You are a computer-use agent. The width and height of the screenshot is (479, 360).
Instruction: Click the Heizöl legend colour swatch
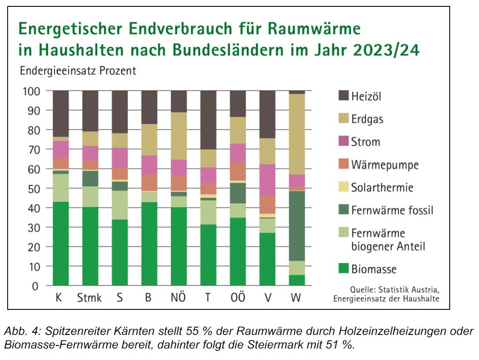(x=344, y=96)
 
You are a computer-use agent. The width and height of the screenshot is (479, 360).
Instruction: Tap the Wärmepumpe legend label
(x=385, y=164)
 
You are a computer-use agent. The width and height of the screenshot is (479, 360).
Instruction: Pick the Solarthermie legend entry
(x=382, y=187)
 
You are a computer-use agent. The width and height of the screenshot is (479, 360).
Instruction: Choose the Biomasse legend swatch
(x=344, y=269)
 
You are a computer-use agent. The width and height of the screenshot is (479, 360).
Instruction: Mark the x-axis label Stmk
(x=89, y=298)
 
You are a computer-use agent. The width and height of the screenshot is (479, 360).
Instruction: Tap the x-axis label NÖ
(x=178, y=298)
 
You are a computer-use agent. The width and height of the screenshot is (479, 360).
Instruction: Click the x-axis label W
(x=296, y=298)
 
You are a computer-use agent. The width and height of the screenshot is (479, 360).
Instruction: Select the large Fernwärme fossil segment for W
(x=297, y=226)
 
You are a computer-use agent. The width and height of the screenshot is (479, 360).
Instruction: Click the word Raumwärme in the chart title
(x=312, y=29)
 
